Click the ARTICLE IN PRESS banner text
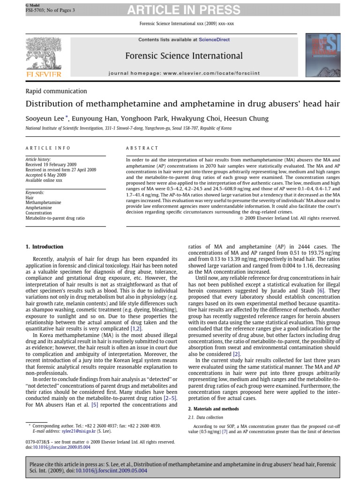184,10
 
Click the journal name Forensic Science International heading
184,56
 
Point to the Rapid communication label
56,91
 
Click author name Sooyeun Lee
45,119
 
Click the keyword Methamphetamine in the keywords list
43,202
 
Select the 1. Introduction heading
45,247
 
